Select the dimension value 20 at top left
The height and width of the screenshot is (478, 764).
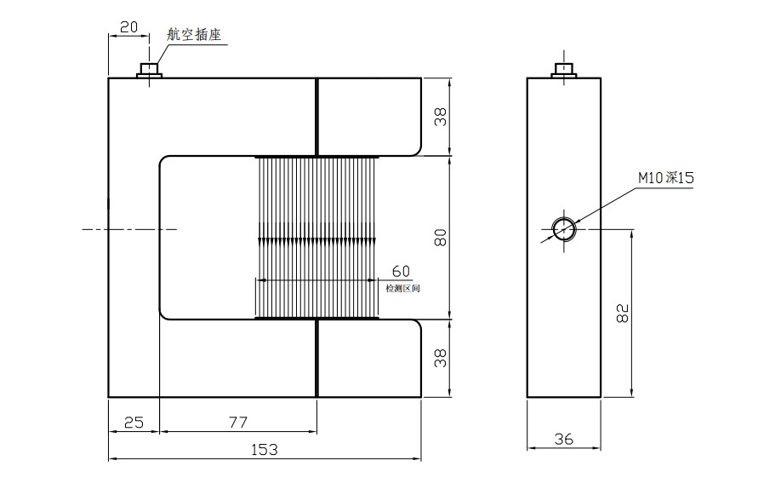[x=128, y=26]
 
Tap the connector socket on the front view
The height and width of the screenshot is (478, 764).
[x=150, y=70]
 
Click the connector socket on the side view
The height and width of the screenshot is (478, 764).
[x=563, y=70]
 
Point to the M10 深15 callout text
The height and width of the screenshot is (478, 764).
[x=667, y=178]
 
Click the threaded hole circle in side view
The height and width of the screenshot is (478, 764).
[x=563, y=229]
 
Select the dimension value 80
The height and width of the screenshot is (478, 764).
[x=440, y=238]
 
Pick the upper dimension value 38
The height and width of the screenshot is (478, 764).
[x=440, y=118]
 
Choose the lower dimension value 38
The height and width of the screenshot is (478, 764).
[x=440, y=360]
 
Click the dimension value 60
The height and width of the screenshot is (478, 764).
[x=401, y=271]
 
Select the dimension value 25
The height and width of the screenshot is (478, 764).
[x=134, y=422]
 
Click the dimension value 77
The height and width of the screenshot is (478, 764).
[x=237, y=422]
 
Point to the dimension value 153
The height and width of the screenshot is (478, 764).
[x=265, y=449]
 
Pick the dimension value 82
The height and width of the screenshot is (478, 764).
[x=622, y=314]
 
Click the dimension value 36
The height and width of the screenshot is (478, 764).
[x=563, y=440]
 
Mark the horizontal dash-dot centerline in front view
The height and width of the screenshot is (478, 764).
[x=128, y=229]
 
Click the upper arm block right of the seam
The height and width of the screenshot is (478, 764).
[x=368, y=116]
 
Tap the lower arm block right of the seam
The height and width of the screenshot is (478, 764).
[x=368, y=359]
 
